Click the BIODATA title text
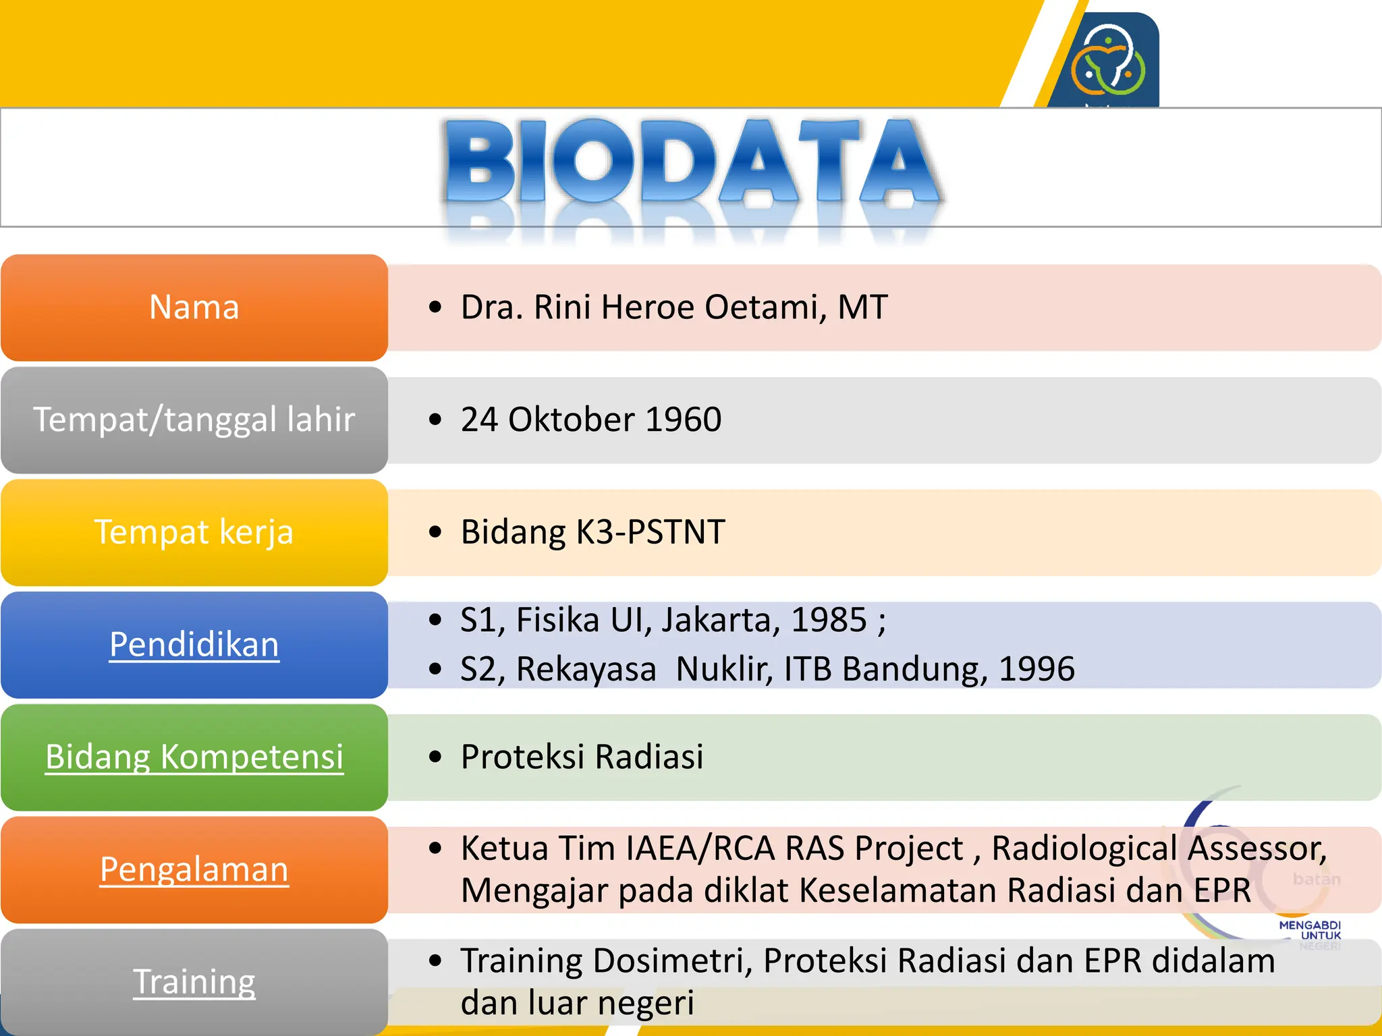pos(692,162)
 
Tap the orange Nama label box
pos(194,308)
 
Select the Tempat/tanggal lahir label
pos(194,420)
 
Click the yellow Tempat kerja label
pos(194,532)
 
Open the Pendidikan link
pos(194,645)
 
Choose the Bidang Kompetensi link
pos(194,757)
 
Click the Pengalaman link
pos(194,869)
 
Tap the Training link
pos(194,981)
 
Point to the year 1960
pos(684,420)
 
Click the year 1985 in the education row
pos(828,620)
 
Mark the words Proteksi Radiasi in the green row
pos(582,757)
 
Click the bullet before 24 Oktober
pos(435,420)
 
